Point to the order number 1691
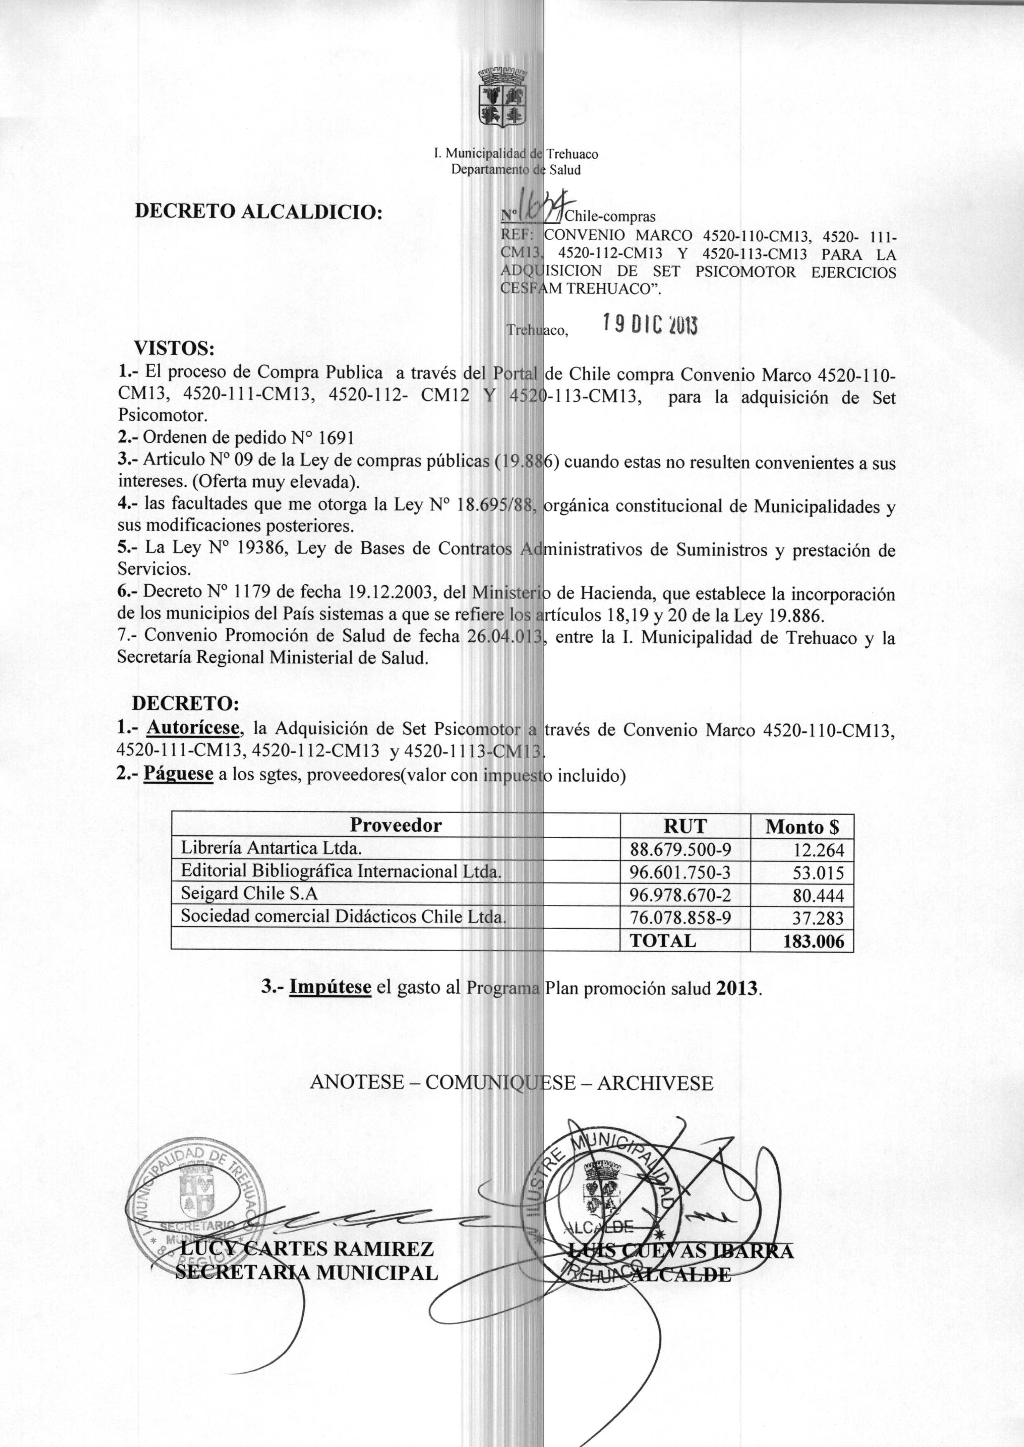[x=337, y=438]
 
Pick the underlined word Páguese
[x=178, y=773]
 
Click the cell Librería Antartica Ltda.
[x=271, y=848]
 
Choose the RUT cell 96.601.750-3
[x=680, y=872]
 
